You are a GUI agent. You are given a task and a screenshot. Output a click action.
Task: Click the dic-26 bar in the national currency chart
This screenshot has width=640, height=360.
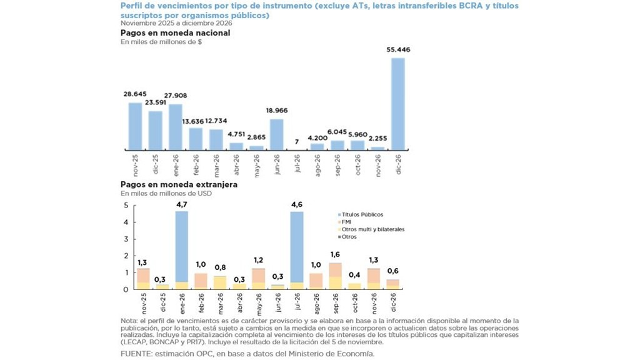pos(397,104)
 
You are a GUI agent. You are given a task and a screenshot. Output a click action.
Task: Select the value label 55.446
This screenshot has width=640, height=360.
pos(398,49)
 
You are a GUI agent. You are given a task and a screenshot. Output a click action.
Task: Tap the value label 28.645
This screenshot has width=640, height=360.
pos(135,94)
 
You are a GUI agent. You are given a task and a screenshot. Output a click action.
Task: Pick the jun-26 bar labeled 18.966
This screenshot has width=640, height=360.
pos(277,134)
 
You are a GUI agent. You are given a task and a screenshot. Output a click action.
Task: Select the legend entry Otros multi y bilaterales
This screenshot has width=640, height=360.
pos(373,229)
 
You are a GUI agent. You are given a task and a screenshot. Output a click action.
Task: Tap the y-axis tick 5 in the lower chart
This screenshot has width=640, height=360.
pos(126,206)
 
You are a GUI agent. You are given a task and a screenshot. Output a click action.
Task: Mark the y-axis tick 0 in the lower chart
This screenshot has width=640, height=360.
pos(126,289)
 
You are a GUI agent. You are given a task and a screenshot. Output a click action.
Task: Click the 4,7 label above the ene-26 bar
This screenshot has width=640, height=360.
pos(181,204)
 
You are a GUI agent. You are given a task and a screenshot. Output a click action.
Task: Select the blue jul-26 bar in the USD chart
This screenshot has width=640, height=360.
pos(297,247)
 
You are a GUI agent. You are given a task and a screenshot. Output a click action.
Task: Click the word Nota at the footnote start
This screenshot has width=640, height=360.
pos(129,321)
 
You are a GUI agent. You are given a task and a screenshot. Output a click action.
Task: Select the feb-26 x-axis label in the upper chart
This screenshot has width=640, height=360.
pos(196,165)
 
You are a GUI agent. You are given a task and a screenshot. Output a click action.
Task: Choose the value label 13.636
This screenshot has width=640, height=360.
pos(195,121)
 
